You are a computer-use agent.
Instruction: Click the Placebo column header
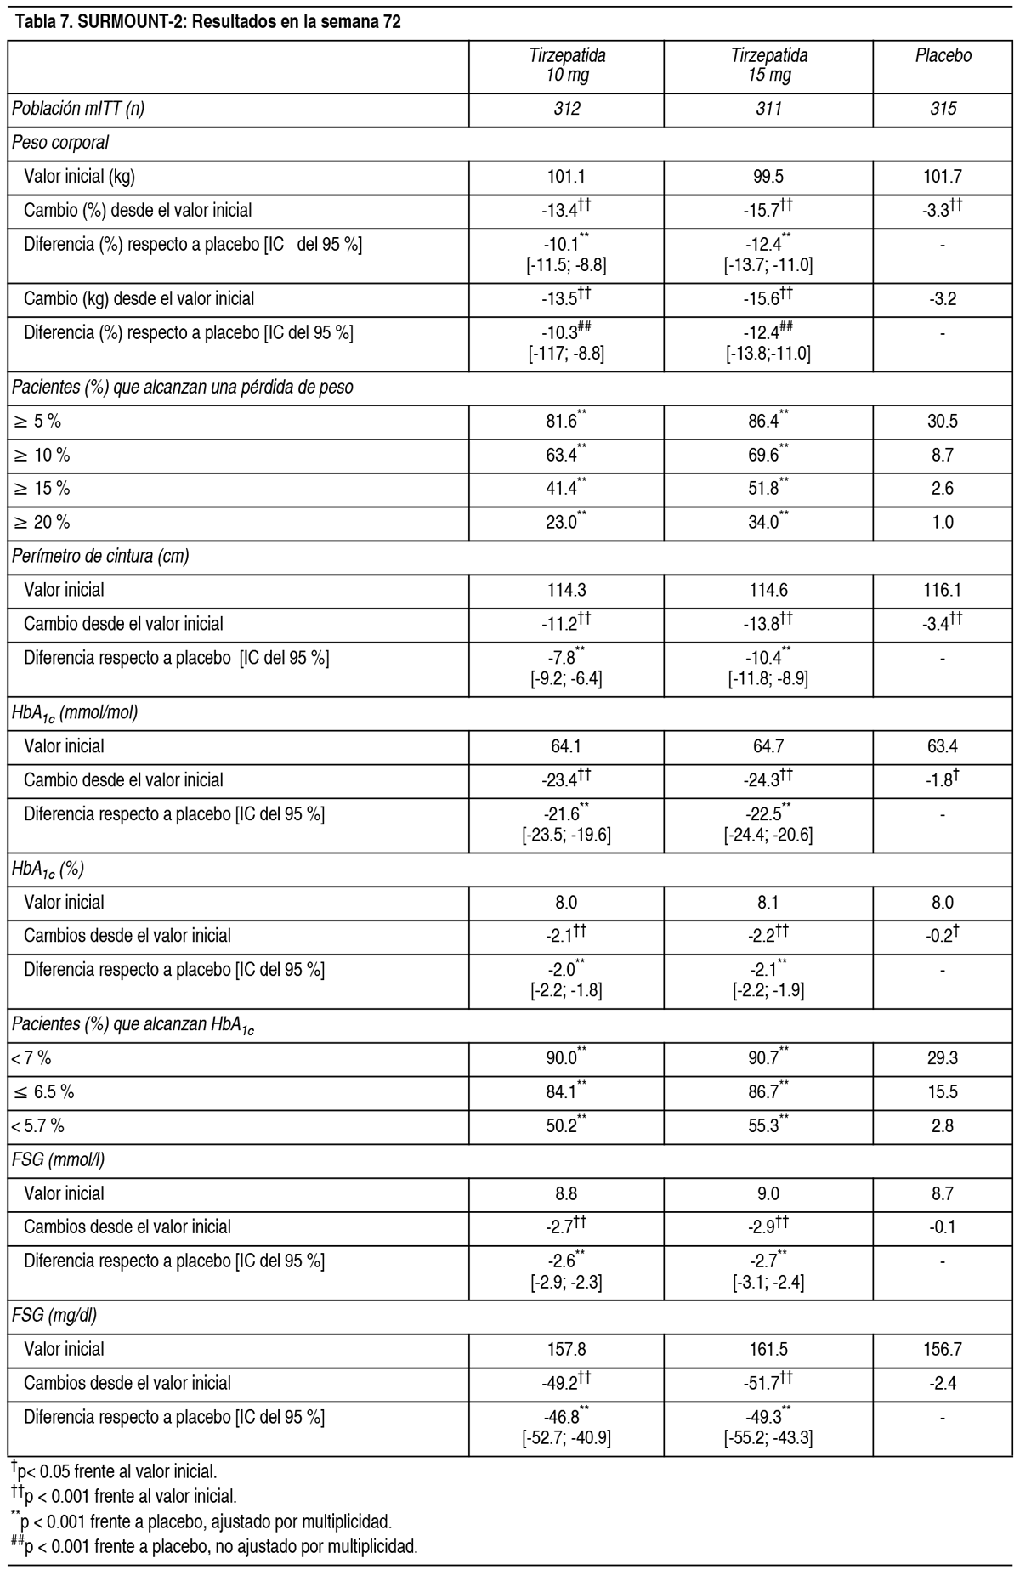(943, 56)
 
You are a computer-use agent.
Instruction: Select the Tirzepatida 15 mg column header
(768, 65)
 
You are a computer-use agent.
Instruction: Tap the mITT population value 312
(567, 109)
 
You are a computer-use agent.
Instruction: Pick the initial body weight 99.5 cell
(768, 177)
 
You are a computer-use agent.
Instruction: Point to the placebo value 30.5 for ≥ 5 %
(943, 422)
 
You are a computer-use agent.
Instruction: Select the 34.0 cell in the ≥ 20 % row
(768, 523)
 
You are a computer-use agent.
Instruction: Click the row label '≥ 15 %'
(42, 489)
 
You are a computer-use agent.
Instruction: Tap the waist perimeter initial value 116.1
(943, 590)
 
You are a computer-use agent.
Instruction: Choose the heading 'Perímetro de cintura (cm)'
(100, 557)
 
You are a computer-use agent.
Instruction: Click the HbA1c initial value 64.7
(768, 746)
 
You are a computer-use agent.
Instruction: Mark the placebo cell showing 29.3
(943, 1058)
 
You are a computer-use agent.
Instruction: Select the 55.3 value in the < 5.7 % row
(768, 1126)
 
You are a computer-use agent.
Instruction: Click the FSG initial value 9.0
(768, 1193)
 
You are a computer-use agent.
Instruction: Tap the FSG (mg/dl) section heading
(54, 1316)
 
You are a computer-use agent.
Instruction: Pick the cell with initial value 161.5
(768, 1349)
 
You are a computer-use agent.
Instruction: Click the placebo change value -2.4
(943, 1383)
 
